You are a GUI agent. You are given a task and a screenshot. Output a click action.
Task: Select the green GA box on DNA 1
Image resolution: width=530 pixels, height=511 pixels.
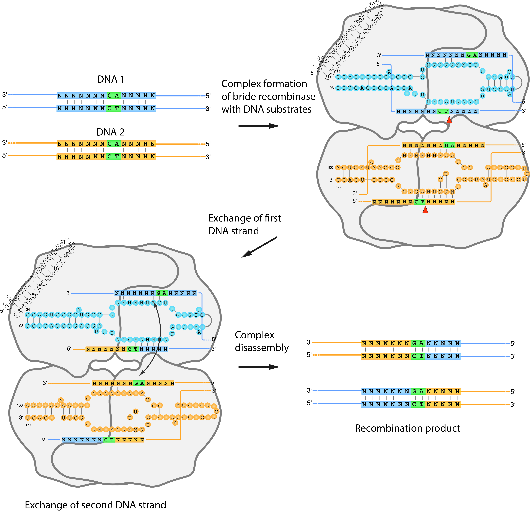pos(113,95)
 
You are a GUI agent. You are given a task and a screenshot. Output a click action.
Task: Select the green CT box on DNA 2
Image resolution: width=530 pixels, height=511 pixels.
pos(113,157)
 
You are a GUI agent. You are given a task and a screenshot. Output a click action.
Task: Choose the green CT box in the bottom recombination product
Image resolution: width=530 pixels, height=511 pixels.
pos(418,404)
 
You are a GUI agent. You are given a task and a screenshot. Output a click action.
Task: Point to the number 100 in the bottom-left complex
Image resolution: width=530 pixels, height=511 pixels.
pos(20,405)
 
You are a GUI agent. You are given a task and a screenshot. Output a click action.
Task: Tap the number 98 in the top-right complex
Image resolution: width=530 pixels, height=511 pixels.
pos(331,88)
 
